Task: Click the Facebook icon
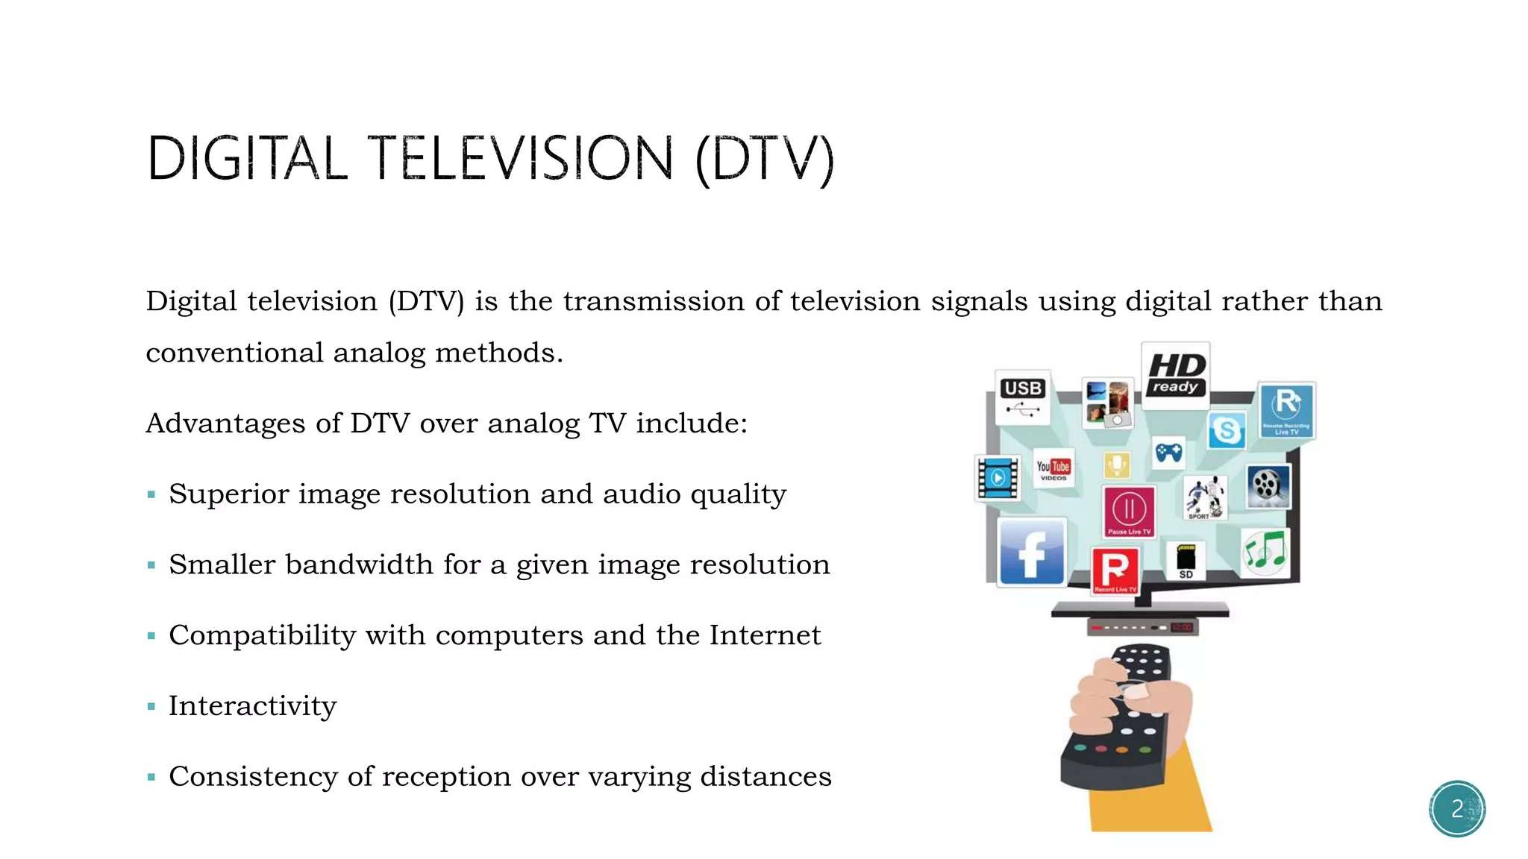coord(1032,553)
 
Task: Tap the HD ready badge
coord(1175,375)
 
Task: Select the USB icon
coord(1022,397)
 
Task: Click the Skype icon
coord(1227,430)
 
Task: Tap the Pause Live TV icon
coord(1129,512)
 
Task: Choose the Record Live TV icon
coord(1115,570)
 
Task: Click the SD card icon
coord(1186,561)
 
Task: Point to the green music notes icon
coord(1265,552)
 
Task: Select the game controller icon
coord(1168,453)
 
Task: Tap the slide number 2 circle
coord(1457,809)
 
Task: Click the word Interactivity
coord(252,705)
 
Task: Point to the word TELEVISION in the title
coord(521,158)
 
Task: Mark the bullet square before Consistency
coord(151,777)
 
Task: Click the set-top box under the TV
coord(1142,627)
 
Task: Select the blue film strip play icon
coord(998,478)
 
